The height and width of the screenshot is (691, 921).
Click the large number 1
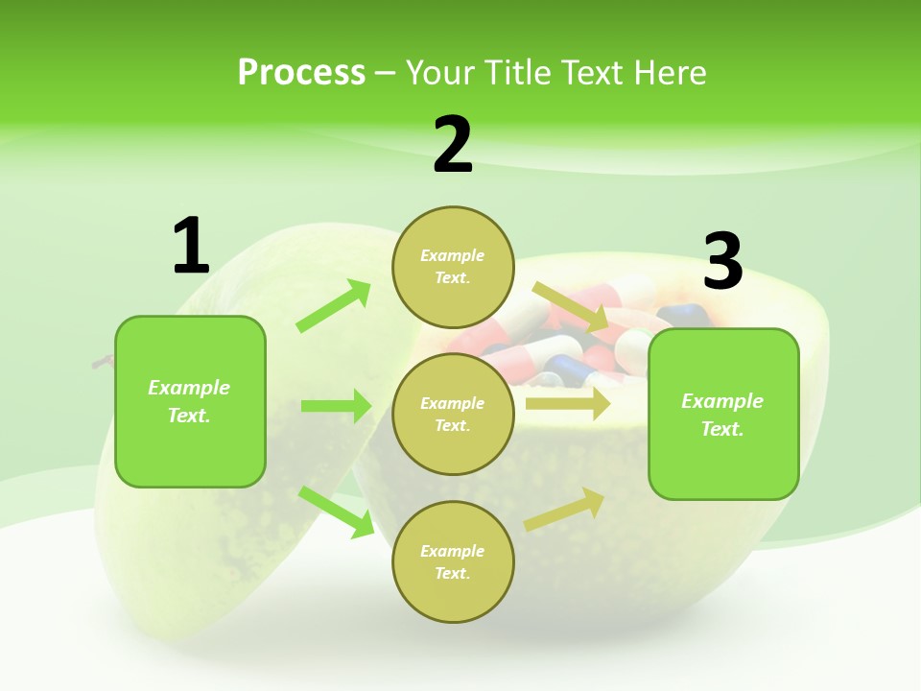(191, 247)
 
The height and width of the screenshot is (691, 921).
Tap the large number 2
(453, 145)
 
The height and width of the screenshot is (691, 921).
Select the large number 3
(722, 261)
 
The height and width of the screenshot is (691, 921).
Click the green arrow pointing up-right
(334, 306)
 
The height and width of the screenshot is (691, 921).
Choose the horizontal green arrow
(336, 406)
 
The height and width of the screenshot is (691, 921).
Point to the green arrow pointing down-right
(336, 512)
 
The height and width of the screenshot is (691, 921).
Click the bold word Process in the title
(301, 72)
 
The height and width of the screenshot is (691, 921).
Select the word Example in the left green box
(189, 388)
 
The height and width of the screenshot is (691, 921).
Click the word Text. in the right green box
(722, 429)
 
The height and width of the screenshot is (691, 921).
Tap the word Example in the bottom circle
(453, 551)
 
